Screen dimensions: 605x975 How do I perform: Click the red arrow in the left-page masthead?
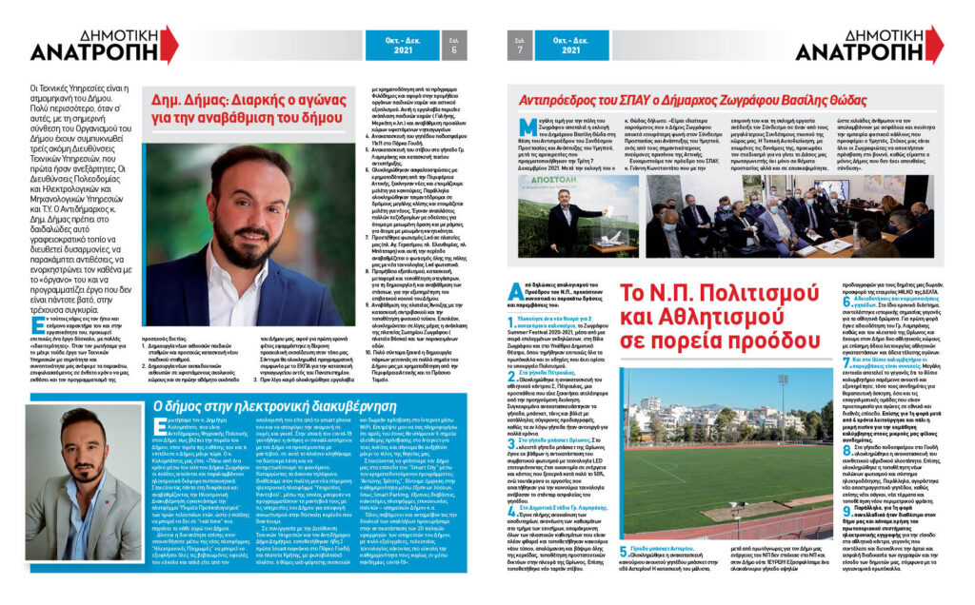pyautogui.click(x=170, y=46)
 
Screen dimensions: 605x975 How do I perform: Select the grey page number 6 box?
pyautogui.click(x=453, y=44)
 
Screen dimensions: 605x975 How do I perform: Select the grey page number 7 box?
pyautogui.click(x=520, y=44)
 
